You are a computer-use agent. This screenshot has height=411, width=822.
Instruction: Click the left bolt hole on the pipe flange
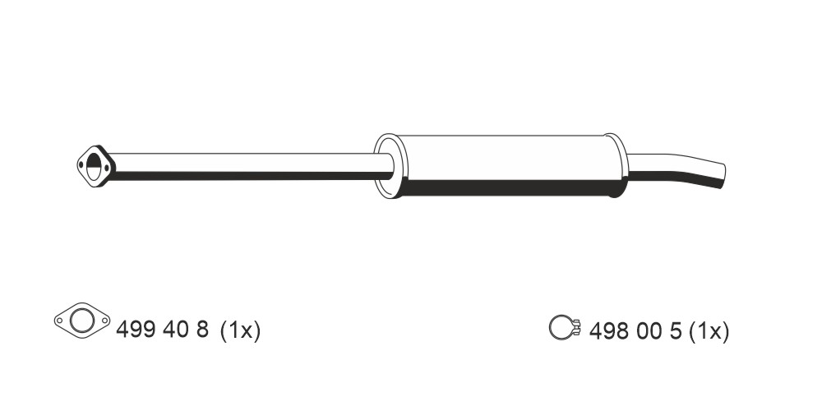coord(81,164)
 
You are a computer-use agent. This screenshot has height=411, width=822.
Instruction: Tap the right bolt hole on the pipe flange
coord(107,169)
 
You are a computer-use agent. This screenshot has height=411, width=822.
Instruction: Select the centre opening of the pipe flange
coord(94,166)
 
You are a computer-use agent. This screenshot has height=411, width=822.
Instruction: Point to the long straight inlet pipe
coord(252,167)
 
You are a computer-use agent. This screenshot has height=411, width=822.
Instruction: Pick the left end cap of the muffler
coord(390,166)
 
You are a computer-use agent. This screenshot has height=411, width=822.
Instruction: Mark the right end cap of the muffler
coord(616,166)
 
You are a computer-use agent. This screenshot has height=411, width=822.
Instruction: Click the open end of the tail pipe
coord(723,176)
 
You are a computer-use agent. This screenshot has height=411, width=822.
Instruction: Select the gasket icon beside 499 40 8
coord(82,321)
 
